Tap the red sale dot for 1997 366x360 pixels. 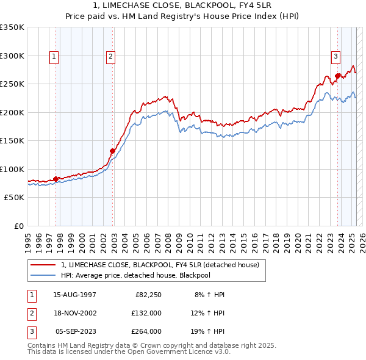click(x=56, y=179)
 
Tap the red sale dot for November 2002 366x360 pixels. click(x=112, y=151)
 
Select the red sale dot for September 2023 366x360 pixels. click(x=337, y=76)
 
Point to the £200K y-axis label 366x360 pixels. click(x=12, y=112)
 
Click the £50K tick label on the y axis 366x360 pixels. click(x=14, y=198)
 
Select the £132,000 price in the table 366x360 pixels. click(x=146, y=313)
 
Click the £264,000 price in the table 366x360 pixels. click(x=146, y=331)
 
